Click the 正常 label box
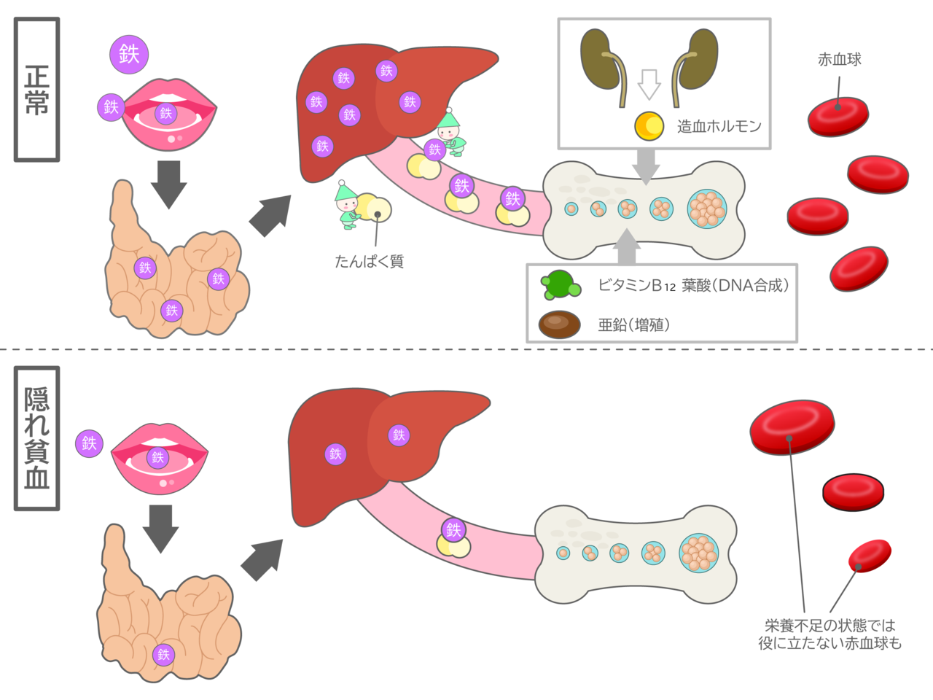(36, 89)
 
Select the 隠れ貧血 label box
(36, 437)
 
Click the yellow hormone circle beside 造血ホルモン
(648, 125)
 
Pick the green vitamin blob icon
(560, 285)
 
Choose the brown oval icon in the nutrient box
(559, 324)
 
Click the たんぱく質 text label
(369, 261)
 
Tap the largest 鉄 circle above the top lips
(129, 53)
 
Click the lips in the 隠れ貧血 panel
(159, 458)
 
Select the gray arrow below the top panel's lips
(168, 183)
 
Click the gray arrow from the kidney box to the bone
(645, 167)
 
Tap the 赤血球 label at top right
(839, 60)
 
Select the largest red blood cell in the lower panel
(792, 425)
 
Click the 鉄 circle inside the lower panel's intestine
(163, 654)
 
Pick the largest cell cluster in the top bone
(707, 209)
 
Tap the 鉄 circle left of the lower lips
(89, 443)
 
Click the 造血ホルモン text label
(719, 126)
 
